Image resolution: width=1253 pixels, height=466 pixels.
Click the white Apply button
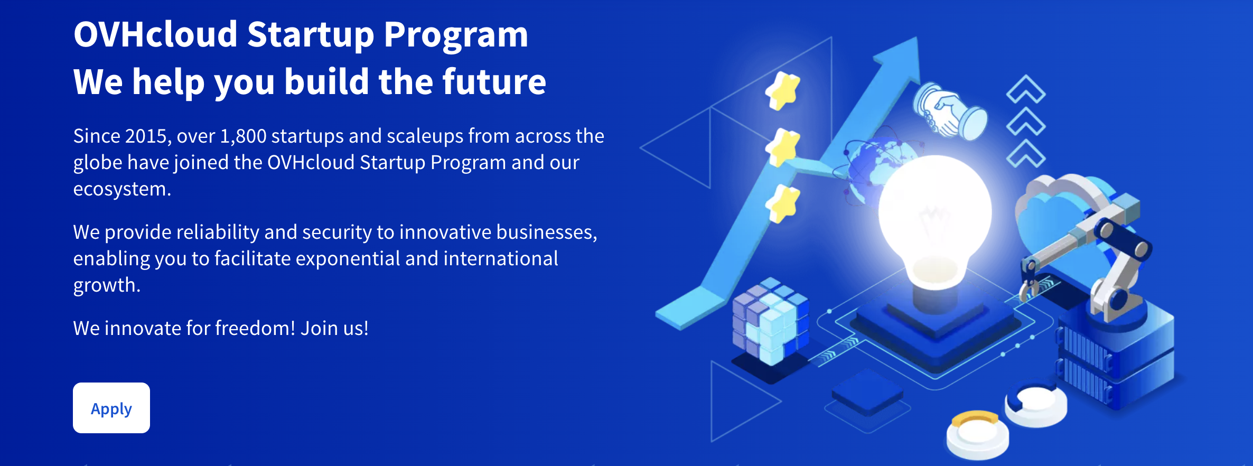pos(111,408)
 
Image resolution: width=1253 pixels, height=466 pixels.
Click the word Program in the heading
pos(456,35)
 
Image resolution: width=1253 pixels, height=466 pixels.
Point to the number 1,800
pos(243,136)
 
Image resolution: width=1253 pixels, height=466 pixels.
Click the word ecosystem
pos(121,189)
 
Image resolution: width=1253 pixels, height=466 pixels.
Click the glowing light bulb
pos(934,222)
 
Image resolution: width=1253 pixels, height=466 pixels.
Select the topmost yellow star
pos(783,91)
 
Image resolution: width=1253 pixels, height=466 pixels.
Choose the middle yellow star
pos(783,147)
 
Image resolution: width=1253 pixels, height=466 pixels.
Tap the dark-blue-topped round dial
pos(1035,404)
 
